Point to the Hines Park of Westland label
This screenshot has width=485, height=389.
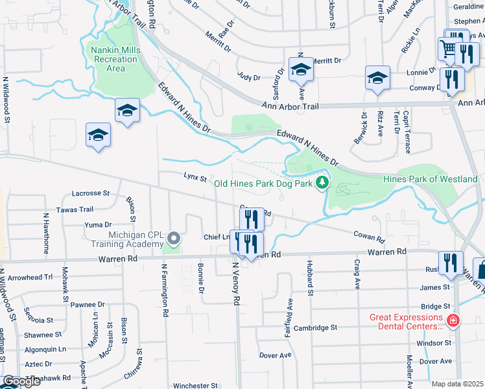(x=430, y=179)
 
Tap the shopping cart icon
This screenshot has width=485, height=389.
(x=447, y=47)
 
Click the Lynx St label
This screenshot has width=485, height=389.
(x=195, y=176)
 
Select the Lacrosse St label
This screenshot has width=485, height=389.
(x=91, y=193)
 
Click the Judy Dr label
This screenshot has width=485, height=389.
(x=248, y=77)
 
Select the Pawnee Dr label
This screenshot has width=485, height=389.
(x=88, y=304)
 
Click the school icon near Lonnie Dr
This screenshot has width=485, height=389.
(x=377, y=78)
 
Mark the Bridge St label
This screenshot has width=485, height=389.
(x=435, y=306)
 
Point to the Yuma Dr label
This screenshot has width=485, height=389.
(x=99, y=224)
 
